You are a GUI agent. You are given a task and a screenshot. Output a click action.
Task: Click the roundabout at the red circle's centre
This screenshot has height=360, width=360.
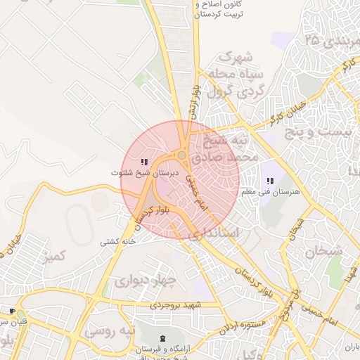click(181, 155)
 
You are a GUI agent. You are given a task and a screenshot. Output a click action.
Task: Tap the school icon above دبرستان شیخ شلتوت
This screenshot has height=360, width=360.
click(144, 162)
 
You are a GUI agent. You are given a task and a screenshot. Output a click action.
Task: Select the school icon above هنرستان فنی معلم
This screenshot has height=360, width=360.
click(270, 181)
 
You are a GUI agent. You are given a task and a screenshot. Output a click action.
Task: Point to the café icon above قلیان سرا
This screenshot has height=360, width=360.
click(11, 311)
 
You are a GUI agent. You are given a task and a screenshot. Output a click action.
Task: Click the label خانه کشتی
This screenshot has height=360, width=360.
click(117, 241)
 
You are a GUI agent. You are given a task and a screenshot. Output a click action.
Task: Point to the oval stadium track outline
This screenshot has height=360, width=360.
click(78, 224)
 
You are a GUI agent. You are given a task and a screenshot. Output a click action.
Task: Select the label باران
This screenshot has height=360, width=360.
click(351, 347)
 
